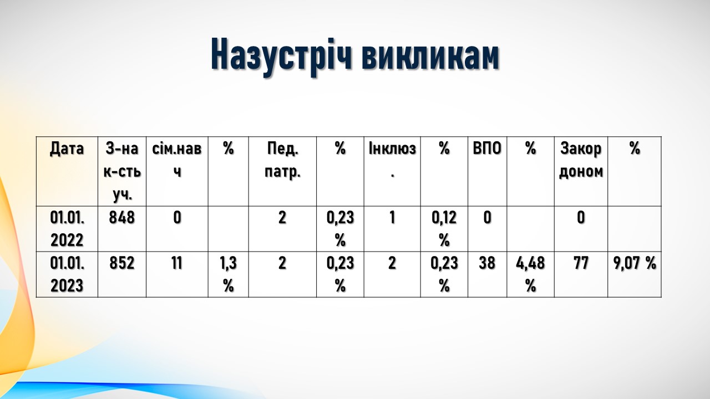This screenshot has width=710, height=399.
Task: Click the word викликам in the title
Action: pos(430,54)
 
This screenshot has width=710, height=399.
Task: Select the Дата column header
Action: pos(67,149)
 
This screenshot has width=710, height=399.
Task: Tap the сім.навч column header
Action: pos(177,160)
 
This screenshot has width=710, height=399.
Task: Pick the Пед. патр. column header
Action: pos(282,160)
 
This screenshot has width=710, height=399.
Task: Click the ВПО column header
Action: pos(487,149)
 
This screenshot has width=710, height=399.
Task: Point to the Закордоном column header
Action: pos(581,160)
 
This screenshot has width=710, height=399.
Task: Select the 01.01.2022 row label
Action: pos(67,229)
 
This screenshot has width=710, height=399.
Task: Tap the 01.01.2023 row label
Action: pos(67,274)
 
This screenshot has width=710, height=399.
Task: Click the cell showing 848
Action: pos(121,218)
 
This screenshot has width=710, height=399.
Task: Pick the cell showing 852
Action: pos(121,263)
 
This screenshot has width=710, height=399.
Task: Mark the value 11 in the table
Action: pos(177,263)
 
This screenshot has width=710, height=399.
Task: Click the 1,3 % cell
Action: pos(228,274)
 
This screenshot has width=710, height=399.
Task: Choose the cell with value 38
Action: pos(487,263)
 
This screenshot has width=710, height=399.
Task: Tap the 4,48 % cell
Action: pos(530,274)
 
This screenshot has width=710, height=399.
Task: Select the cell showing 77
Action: pos(581,263)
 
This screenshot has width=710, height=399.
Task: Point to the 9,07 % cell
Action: pos(635,263)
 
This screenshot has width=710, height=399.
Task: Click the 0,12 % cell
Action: pos(444,229)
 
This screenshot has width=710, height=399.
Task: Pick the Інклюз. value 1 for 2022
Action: pos(392,218)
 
